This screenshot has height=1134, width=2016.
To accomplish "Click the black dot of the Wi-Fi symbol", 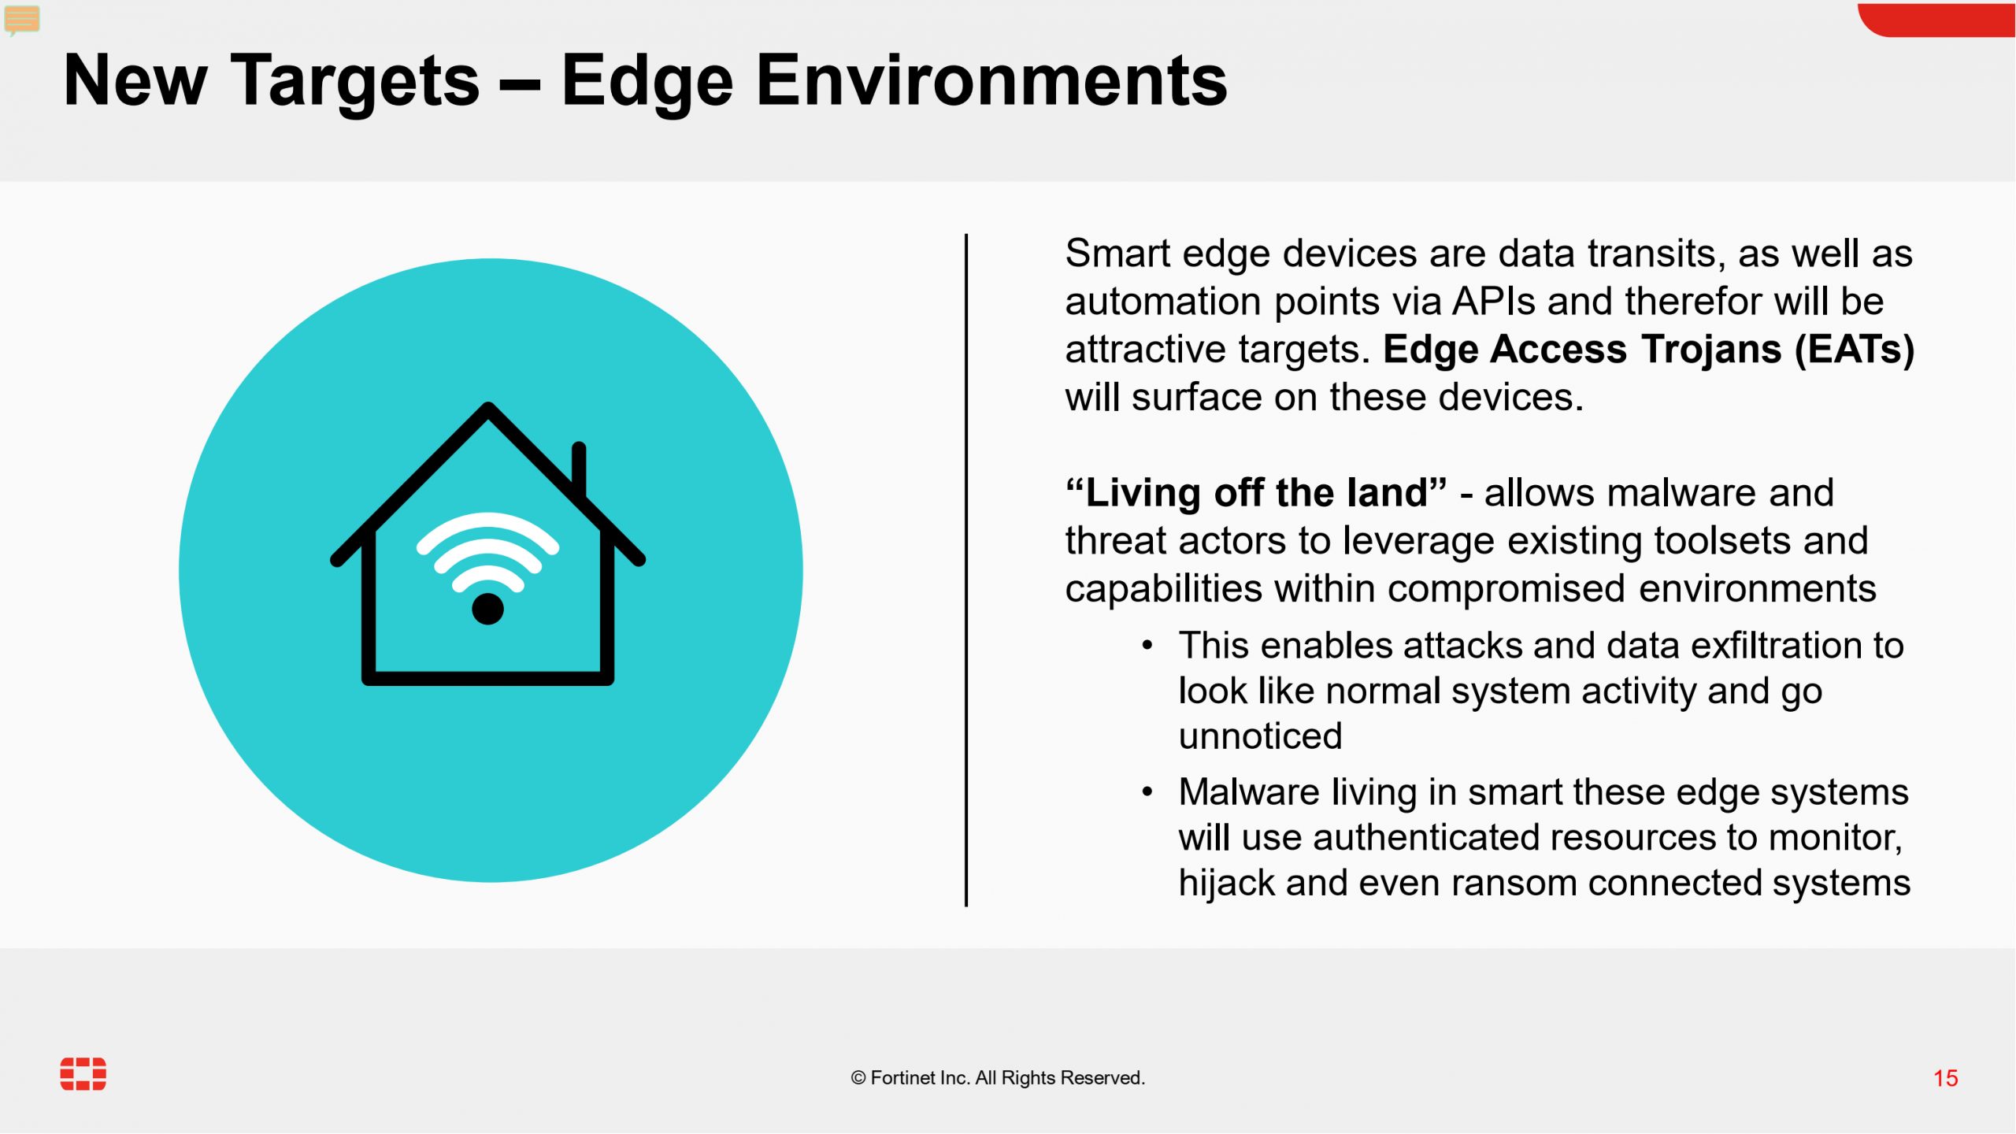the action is (x=487, y=609).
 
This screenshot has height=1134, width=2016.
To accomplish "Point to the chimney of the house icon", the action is (x=579, y=469).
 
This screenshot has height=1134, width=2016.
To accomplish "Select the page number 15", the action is (x=1945, y=1078).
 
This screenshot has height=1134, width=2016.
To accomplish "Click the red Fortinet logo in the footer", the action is (x=83, y=1074).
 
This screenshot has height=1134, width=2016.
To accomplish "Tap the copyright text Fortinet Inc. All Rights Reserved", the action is (x=998, y=1078).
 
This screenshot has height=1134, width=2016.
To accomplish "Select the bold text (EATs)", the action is (x=1855, y=350).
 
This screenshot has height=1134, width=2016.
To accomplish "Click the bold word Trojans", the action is (x=1711, y=350).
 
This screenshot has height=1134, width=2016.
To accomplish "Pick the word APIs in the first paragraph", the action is (x=1494, y=302).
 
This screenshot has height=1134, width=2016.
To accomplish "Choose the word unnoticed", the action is (x=1260, y=736).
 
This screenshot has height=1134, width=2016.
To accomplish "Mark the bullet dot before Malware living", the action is (x=1147, y=791).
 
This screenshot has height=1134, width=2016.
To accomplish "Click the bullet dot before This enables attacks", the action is (x=1147, y=646).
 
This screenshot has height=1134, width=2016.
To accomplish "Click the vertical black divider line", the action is (x=966, y=569).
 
